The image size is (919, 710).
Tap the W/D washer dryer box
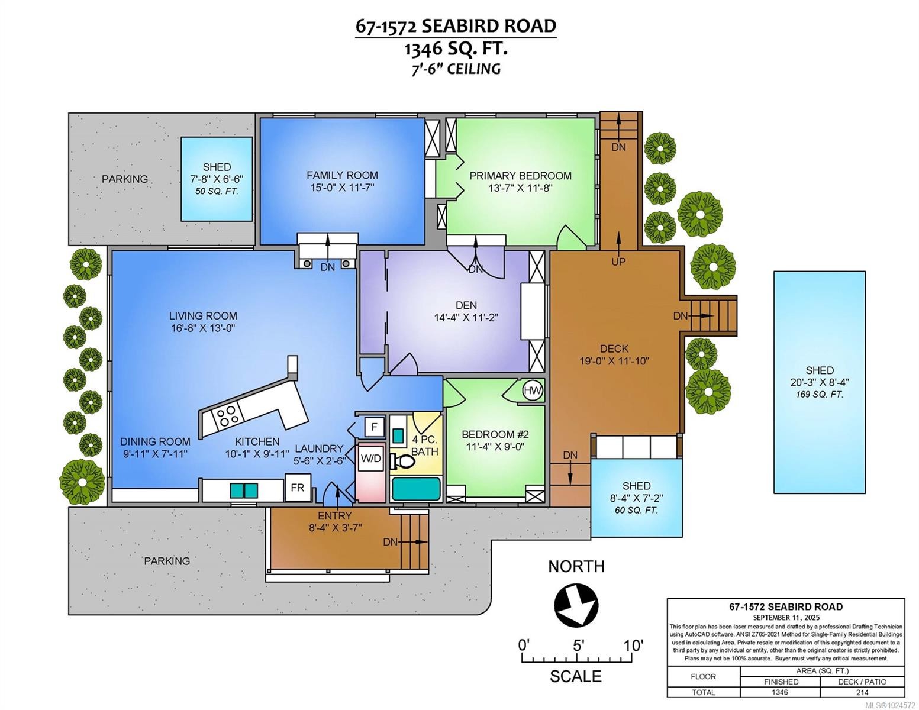(x=371, y=459)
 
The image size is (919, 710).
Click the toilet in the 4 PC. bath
(x=405, y=460)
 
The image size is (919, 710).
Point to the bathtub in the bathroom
(x=415, y=489)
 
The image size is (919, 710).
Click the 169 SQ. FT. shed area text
(x=820, y=395)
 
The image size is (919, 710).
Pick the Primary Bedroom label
(x=520, y=176)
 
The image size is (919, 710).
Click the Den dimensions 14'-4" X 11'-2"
(x=466, y=317)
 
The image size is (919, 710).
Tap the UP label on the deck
(x=618, y=262)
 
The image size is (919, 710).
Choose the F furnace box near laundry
(x=374, y=427)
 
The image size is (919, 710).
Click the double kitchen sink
(x=244, y=490)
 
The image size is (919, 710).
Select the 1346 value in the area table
(x=781, y=692)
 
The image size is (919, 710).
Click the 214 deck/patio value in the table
(x=862, y=692)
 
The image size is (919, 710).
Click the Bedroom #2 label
(x=494, y=435)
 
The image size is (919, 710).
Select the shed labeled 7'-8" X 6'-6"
(x=217, y=178)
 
